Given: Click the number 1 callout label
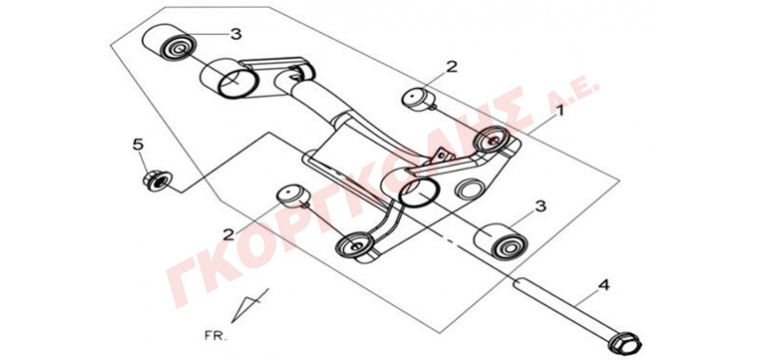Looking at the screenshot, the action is click(559, 112).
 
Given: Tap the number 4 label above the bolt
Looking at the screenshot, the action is click(604, 285).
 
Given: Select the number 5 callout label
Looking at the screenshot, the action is click(138, 144).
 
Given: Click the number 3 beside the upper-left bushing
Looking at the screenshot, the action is click(235, 34).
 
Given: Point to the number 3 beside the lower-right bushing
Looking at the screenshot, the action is click(540, 207).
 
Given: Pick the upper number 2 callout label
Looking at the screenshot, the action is click(451, 66).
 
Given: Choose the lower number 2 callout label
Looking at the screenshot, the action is click(228, 235).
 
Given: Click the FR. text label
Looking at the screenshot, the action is click(215, 335).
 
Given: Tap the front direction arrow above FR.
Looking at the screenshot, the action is click(249, 305).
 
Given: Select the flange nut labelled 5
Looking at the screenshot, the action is click(156, 181).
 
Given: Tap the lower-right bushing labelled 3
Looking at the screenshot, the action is click(501, 242).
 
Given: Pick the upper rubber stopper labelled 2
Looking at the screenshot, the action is click(418, 99).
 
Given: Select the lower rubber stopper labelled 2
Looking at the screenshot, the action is click(294, 196).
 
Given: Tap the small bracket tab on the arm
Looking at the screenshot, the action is click(442, 155).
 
